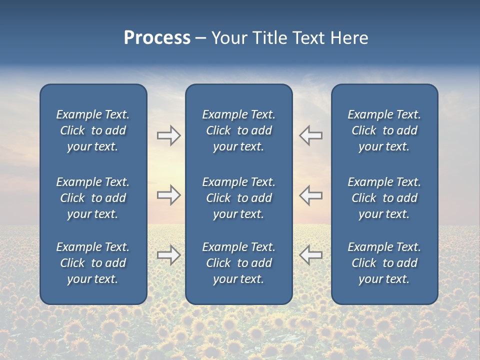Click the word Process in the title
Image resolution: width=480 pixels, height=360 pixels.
(157, 38)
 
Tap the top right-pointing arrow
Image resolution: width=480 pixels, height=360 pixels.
(168, 135)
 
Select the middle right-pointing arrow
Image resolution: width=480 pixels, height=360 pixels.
(168, 195)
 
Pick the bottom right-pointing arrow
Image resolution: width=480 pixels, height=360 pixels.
(168, 255)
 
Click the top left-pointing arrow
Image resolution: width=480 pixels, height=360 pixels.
(311, 135)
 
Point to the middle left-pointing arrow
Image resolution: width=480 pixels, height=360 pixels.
(311, 195)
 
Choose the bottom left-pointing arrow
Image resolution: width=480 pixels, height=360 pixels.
(311, 255)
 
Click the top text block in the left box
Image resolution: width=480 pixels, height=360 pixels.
(93, 130)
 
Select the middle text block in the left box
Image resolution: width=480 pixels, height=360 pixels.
(93, 198)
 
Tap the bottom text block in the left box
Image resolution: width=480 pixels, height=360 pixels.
(93, 263)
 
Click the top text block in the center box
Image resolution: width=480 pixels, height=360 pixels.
(239, 130)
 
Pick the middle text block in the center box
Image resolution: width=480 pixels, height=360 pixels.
(239, 198)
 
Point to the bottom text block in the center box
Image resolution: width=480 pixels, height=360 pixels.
(239, 263)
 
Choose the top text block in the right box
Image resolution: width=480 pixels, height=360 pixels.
(384, 130)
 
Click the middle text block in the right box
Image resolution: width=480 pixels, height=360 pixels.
(384, 198)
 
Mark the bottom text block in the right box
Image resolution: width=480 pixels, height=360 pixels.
(384, 263)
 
